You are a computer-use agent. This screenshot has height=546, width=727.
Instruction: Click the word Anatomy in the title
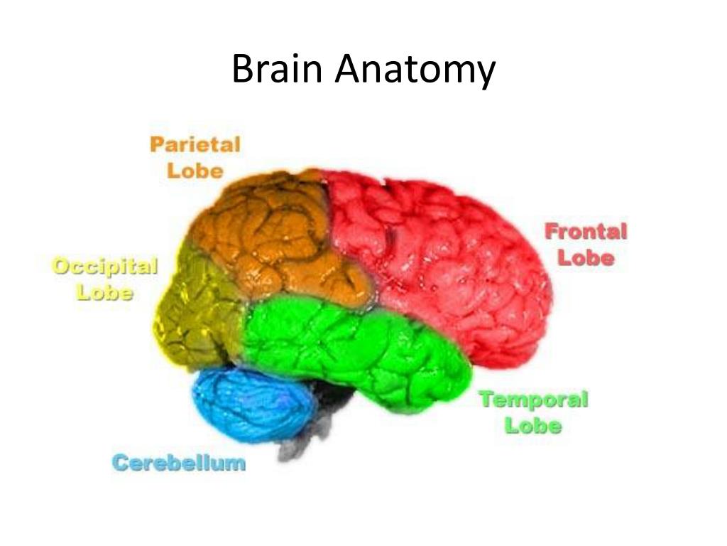tap(415, 73)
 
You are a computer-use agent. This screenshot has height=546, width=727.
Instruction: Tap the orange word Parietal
tap(195, 145)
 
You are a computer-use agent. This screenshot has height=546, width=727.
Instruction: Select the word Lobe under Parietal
tap(195, 171)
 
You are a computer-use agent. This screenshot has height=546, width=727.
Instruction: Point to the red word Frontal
tap(586, 231)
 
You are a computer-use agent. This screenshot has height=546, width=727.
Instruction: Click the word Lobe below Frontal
tap(586, 257)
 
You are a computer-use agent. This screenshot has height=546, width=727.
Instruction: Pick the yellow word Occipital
tap(105, 267)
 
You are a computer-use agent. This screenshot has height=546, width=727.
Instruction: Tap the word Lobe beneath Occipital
tap(105, 293)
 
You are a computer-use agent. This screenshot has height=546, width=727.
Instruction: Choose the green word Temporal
tap(534, 400)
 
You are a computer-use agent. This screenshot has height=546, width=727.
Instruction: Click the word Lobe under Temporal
tap(534, 426)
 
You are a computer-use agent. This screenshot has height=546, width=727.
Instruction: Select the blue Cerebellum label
tap(179, 464)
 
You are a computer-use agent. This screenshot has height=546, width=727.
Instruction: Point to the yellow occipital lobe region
tap(199, 313)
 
